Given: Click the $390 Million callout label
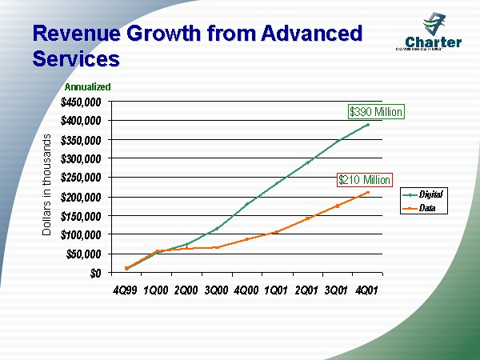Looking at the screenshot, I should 375,112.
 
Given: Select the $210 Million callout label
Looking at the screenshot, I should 364,180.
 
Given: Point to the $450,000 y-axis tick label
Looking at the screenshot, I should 81,102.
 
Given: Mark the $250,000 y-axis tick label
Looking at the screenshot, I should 81,178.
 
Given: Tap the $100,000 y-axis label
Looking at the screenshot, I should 81,234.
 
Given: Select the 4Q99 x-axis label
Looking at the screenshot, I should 126,288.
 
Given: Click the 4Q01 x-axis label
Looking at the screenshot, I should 366,288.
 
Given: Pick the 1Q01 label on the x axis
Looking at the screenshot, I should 276,288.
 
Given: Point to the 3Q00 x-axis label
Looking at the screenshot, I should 216,288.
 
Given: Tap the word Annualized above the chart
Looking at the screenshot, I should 87,86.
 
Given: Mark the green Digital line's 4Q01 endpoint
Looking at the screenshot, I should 368,124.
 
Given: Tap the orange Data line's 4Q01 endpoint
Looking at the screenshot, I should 368,192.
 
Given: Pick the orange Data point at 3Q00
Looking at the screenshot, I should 217,247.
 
